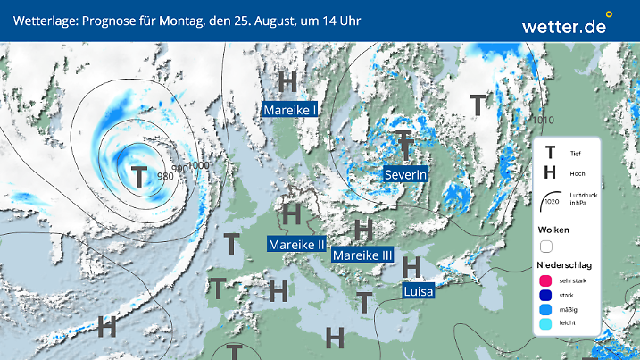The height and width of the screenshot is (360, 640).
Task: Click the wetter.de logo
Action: pyautogui.click(x=566, y=26)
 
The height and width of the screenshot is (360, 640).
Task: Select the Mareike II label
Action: pyautogui.click(x=297, y=244)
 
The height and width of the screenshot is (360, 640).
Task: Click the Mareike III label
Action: pyautogui.click(x=363, y=255)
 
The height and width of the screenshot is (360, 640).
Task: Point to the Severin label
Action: pyautogui.click(x=406, y=174)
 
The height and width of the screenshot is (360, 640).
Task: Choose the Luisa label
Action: pyautogui.click(x=419, y=291)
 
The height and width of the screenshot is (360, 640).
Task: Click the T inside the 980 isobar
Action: pyautogui.click(x=139, y=175)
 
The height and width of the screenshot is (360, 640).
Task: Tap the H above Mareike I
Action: pyautogui.click(x=287, y=81)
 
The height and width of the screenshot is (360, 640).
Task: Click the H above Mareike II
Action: pyautogui.click(x=290, y=214)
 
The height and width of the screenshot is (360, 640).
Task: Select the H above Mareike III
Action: pyautogui.click(x=363, y=228)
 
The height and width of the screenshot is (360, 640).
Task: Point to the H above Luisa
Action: pyautogui.click(x=411, y=265)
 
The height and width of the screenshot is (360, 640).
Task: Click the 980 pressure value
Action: pyautogui.click(x=165, y=176)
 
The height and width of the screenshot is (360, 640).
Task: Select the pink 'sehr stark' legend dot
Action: pyautogui.click(x=545, y=281)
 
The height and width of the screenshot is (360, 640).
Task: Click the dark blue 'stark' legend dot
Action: pyautogui.click(x=545, y=296)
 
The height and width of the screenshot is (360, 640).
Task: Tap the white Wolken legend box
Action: pyautogui.click(x=547, y=246)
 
